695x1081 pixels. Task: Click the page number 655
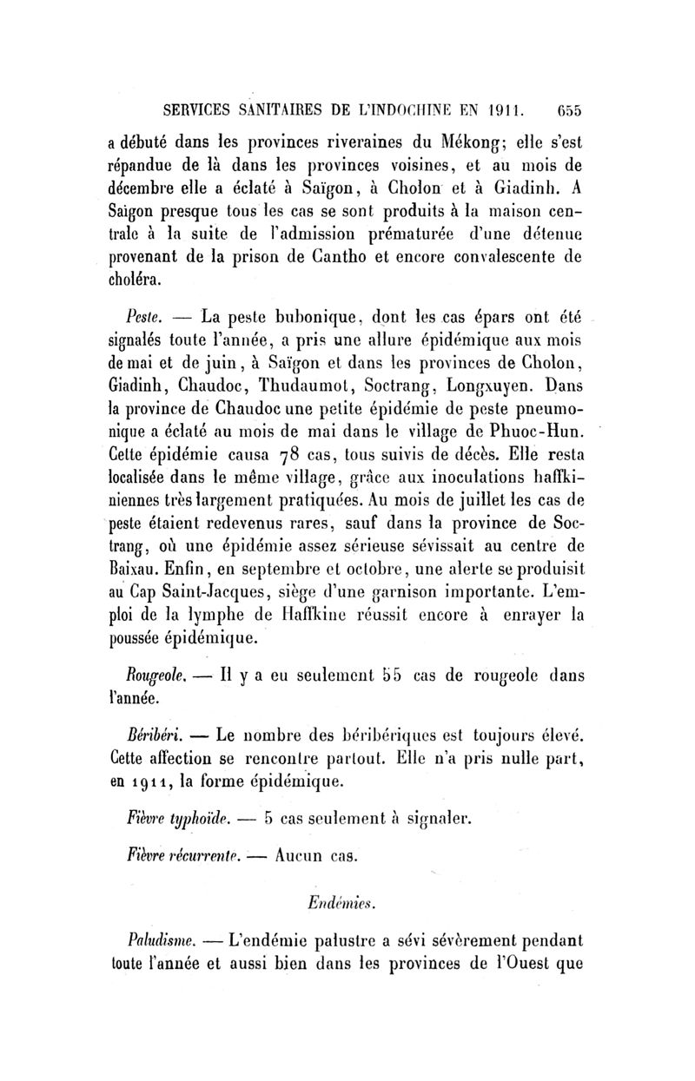pyautogui.click(x=570, y=110)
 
